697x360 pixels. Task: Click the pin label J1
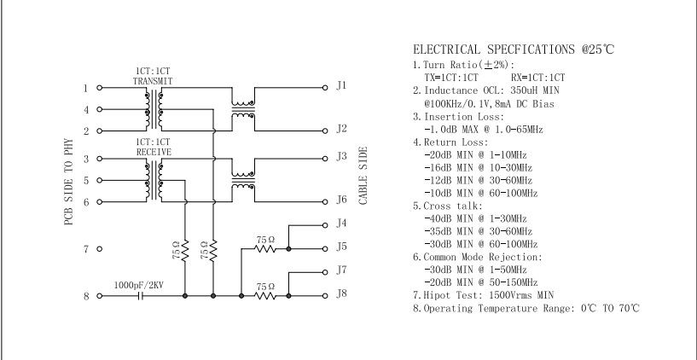341,85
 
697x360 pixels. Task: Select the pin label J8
341,293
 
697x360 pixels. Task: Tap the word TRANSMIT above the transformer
153,80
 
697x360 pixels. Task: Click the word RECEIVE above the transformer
153,151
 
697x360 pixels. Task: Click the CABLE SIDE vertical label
363,174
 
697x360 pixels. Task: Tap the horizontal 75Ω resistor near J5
266,249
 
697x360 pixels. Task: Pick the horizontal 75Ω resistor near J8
266,296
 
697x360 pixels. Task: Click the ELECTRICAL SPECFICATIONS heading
513,49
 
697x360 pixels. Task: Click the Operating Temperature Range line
526,307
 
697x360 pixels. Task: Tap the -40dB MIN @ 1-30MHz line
475,218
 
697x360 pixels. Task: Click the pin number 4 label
86,110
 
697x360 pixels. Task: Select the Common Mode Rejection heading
483,257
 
